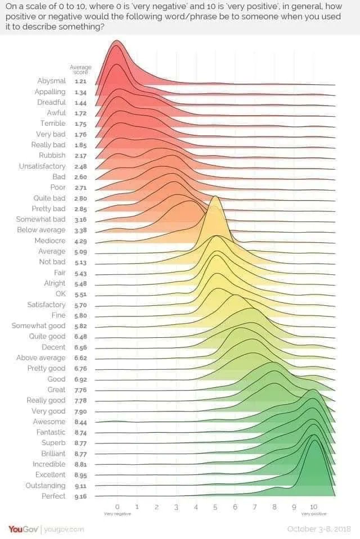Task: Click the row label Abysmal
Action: click(51, 81)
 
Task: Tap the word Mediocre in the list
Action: click(49, 241)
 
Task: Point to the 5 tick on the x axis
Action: click(215, 506)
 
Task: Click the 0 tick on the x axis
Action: click(117, 506)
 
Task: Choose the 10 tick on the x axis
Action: click(313, 506)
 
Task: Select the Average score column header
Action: click(80, 70)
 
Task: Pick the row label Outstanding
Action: click(46, 486)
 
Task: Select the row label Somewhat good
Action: click(39, 326)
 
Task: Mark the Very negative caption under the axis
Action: click(117, 514)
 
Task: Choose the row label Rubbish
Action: click(52, 155)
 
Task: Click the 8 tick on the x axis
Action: click(274, 506)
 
